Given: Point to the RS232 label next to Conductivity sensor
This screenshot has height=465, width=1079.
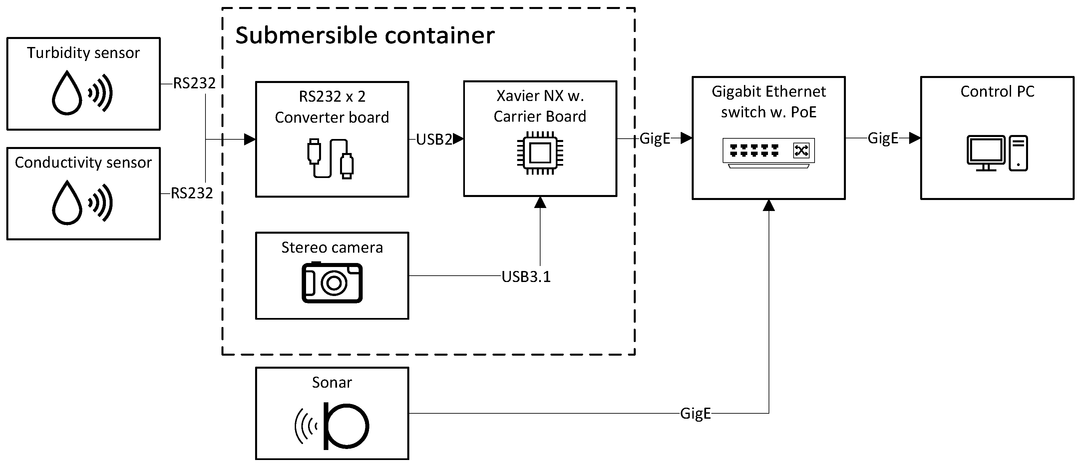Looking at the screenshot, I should point(192,193).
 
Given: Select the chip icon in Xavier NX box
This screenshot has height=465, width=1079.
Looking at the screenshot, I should point(540,153).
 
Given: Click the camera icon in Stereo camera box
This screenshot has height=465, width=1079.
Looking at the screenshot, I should point(332,282).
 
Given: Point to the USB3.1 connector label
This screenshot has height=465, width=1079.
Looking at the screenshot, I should point(526,277).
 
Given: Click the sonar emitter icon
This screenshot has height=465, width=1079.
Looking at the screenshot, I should point(333,426).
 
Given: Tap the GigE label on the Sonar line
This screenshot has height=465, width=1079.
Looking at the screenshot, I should point(695,413).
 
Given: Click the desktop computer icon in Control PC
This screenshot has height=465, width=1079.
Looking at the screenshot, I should point(997,153).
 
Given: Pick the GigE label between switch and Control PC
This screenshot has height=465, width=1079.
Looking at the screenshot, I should point(883,138).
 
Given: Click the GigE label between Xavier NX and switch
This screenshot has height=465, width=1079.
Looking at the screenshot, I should point(655,138).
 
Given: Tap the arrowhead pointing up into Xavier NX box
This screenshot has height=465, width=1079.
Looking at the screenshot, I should point(540,203).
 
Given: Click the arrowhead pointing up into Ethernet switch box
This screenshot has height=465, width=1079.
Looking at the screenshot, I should point(769,205).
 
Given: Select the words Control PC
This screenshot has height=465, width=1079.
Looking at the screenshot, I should point(997,91).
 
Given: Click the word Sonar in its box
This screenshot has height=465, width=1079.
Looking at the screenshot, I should point(332,382).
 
